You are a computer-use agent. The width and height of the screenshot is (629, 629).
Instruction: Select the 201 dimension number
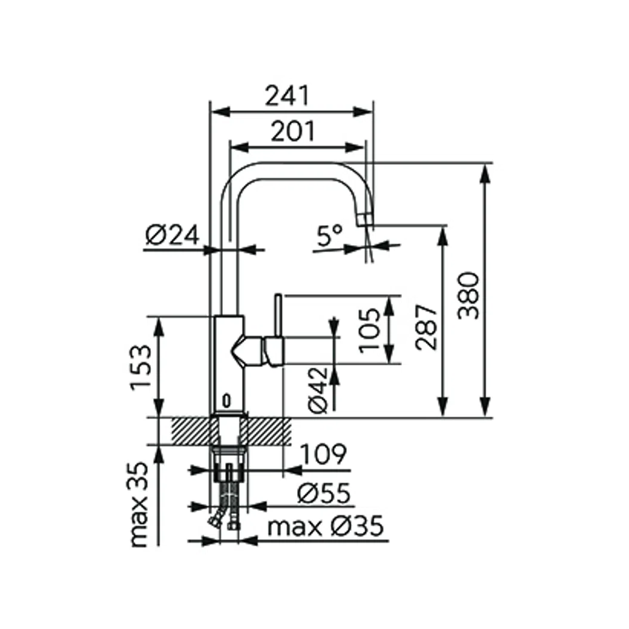(293, 131)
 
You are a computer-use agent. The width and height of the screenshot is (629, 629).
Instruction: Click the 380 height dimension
(468, 295)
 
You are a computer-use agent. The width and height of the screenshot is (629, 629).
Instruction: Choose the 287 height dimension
(426, 327)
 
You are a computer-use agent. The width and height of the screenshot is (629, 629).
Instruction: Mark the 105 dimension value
(370, 330)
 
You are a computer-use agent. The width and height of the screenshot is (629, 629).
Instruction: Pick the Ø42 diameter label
(318, 390)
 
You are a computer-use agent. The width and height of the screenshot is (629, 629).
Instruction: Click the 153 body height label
(141, 367)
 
